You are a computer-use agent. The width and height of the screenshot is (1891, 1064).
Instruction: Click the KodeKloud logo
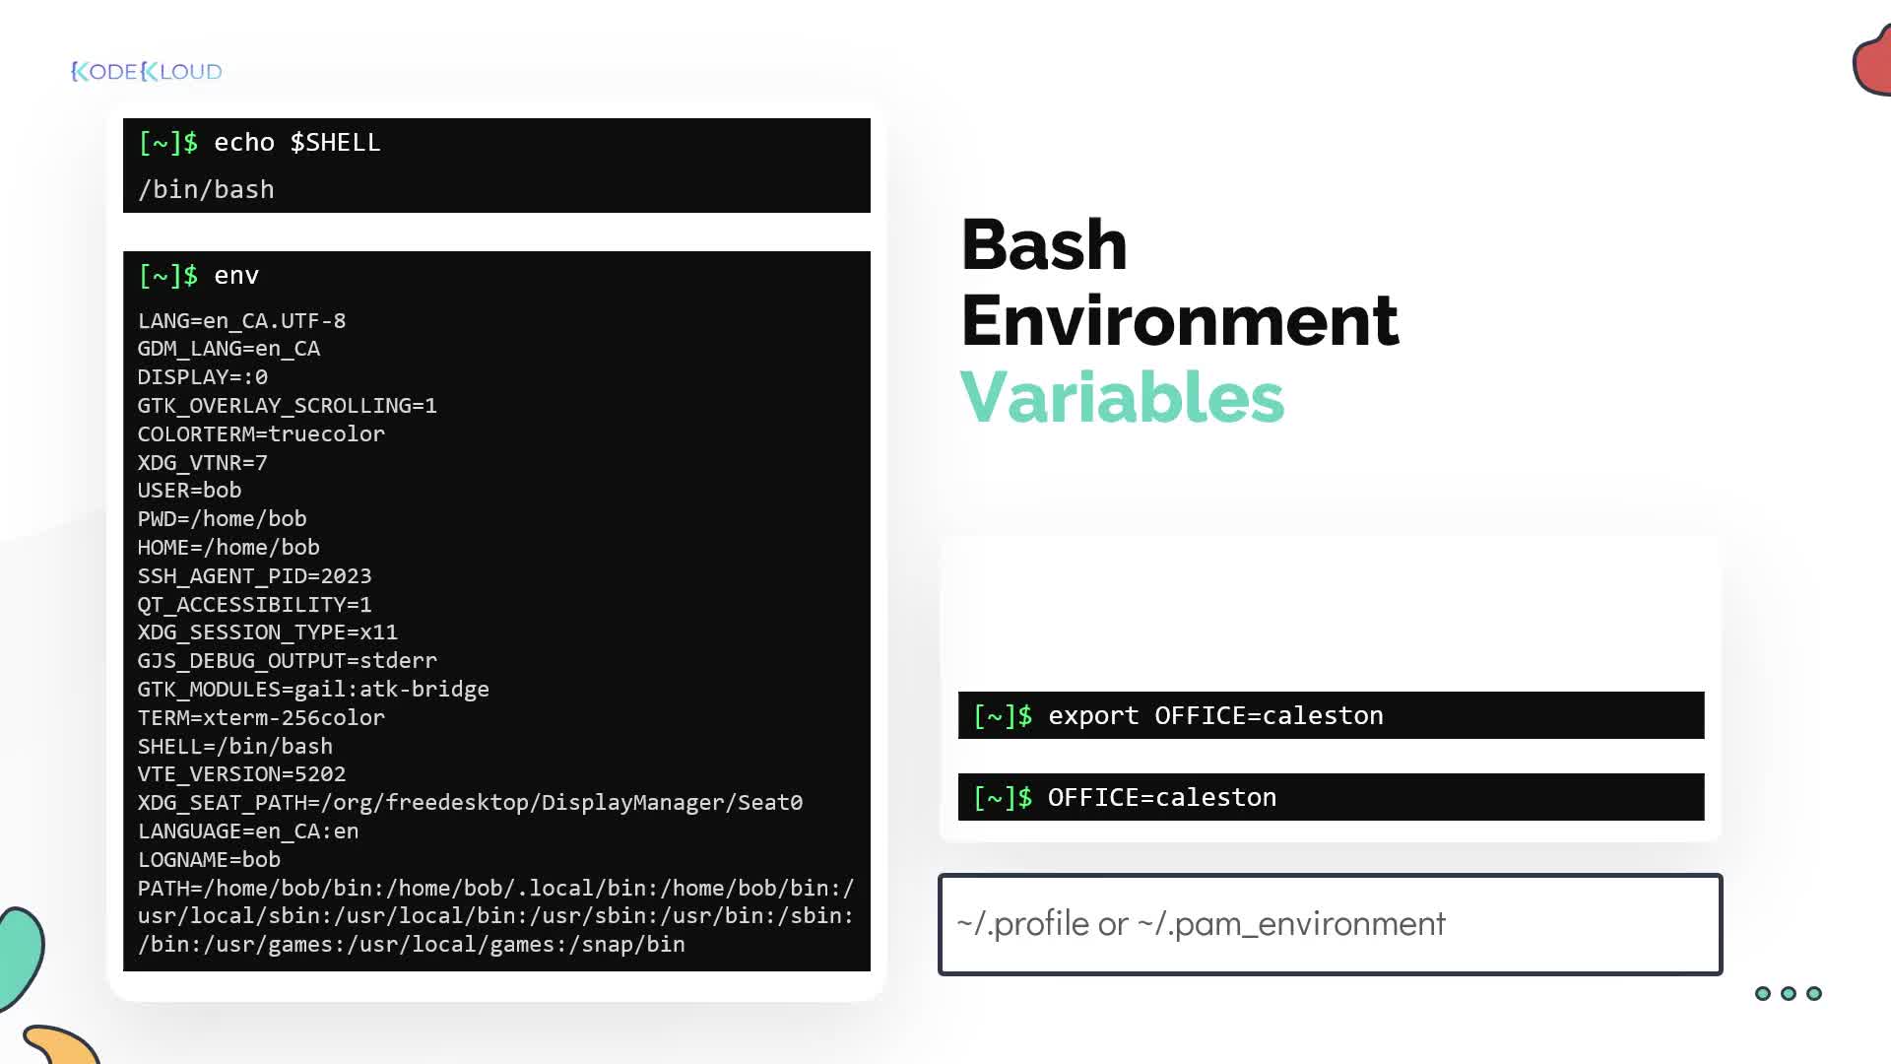click(147, 71)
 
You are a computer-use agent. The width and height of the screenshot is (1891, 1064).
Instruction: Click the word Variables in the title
click(1122, 397)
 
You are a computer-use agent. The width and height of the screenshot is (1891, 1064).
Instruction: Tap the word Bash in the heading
click(1044, 244)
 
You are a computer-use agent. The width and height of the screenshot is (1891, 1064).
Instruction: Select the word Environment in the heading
click(1180, 320)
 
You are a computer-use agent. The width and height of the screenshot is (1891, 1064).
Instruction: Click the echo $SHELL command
click(297, 143)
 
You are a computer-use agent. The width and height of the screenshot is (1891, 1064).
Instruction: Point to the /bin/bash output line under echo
click(206, 189)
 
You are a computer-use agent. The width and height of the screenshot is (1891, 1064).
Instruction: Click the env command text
click(236, 276)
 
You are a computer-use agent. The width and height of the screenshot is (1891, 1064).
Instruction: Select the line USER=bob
click(189, 491)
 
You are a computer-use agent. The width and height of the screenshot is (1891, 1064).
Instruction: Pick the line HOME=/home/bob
click(228, 548)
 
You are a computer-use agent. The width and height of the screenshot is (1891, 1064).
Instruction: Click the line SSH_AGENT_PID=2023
click(254, 576)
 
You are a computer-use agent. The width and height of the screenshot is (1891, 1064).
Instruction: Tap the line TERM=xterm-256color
click(261, 718)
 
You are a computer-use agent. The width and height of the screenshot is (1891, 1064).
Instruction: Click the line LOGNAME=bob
click(209, 860)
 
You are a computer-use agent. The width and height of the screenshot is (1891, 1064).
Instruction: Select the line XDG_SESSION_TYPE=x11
click(267, 632)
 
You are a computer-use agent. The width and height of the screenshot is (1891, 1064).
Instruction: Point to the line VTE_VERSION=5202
click(241, 774)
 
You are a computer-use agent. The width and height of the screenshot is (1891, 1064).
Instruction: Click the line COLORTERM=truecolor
click(261, 434)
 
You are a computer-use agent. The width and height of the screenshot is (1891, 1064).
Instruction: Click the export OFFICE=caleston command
click(1215, 716)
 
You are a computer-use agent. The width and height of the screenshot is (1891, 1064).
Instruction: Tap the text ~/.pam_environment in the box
click(1291, 924)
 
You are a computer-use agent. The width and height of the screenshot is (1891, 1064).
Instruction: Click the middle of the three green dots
click(1789, 993)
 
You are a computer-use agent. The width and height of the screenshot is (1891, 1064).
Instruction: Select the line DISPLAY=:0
click(202, 377)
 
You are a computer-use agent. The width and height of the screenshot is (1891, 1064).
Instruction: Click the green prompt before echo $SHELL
click(168, 143)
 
